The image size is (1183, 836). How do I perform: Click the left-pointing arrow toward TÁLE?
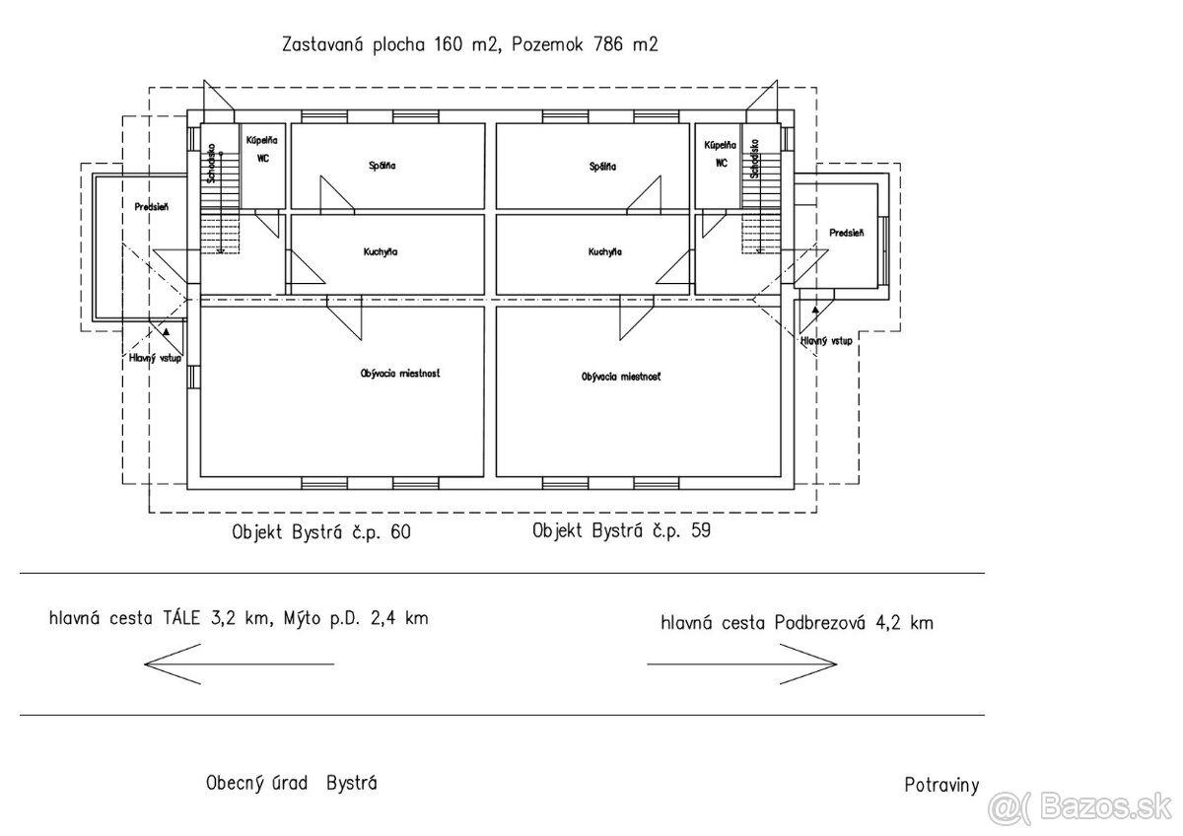point(239,663)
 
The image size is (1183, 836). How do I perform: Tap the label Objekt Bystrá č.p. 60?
point(320,532)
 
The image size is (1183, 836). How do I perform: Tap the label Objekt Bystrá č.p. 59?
point(621,530)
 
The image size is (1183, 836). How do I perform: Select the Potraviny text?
point(940,786)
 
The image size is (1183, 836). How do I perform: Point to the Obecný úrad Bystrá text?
point(291,784)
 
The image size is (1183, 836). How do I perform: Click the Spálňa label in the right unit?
point(601,167)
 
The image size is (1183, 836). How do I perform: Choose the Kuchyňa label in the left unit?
point(381,252)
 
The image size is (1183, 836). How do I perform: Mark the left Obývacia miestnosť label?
point(399,374)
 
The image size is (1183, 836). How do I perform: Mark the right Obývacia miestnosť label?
point(621,377)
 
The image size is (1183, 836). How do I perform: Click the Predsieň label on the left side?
point(154,206)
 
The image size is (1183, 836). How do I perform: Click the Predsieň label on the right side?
point(846,233)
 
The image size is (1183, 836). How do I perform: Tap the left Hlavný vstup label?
point(155,358)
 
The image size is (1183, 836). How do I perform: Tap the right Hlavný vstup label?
point(826,340)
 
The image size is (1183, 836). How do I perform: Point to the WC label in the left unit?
point(261,158)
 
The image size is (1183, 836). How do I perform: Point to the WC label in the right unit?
point(722,163)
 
